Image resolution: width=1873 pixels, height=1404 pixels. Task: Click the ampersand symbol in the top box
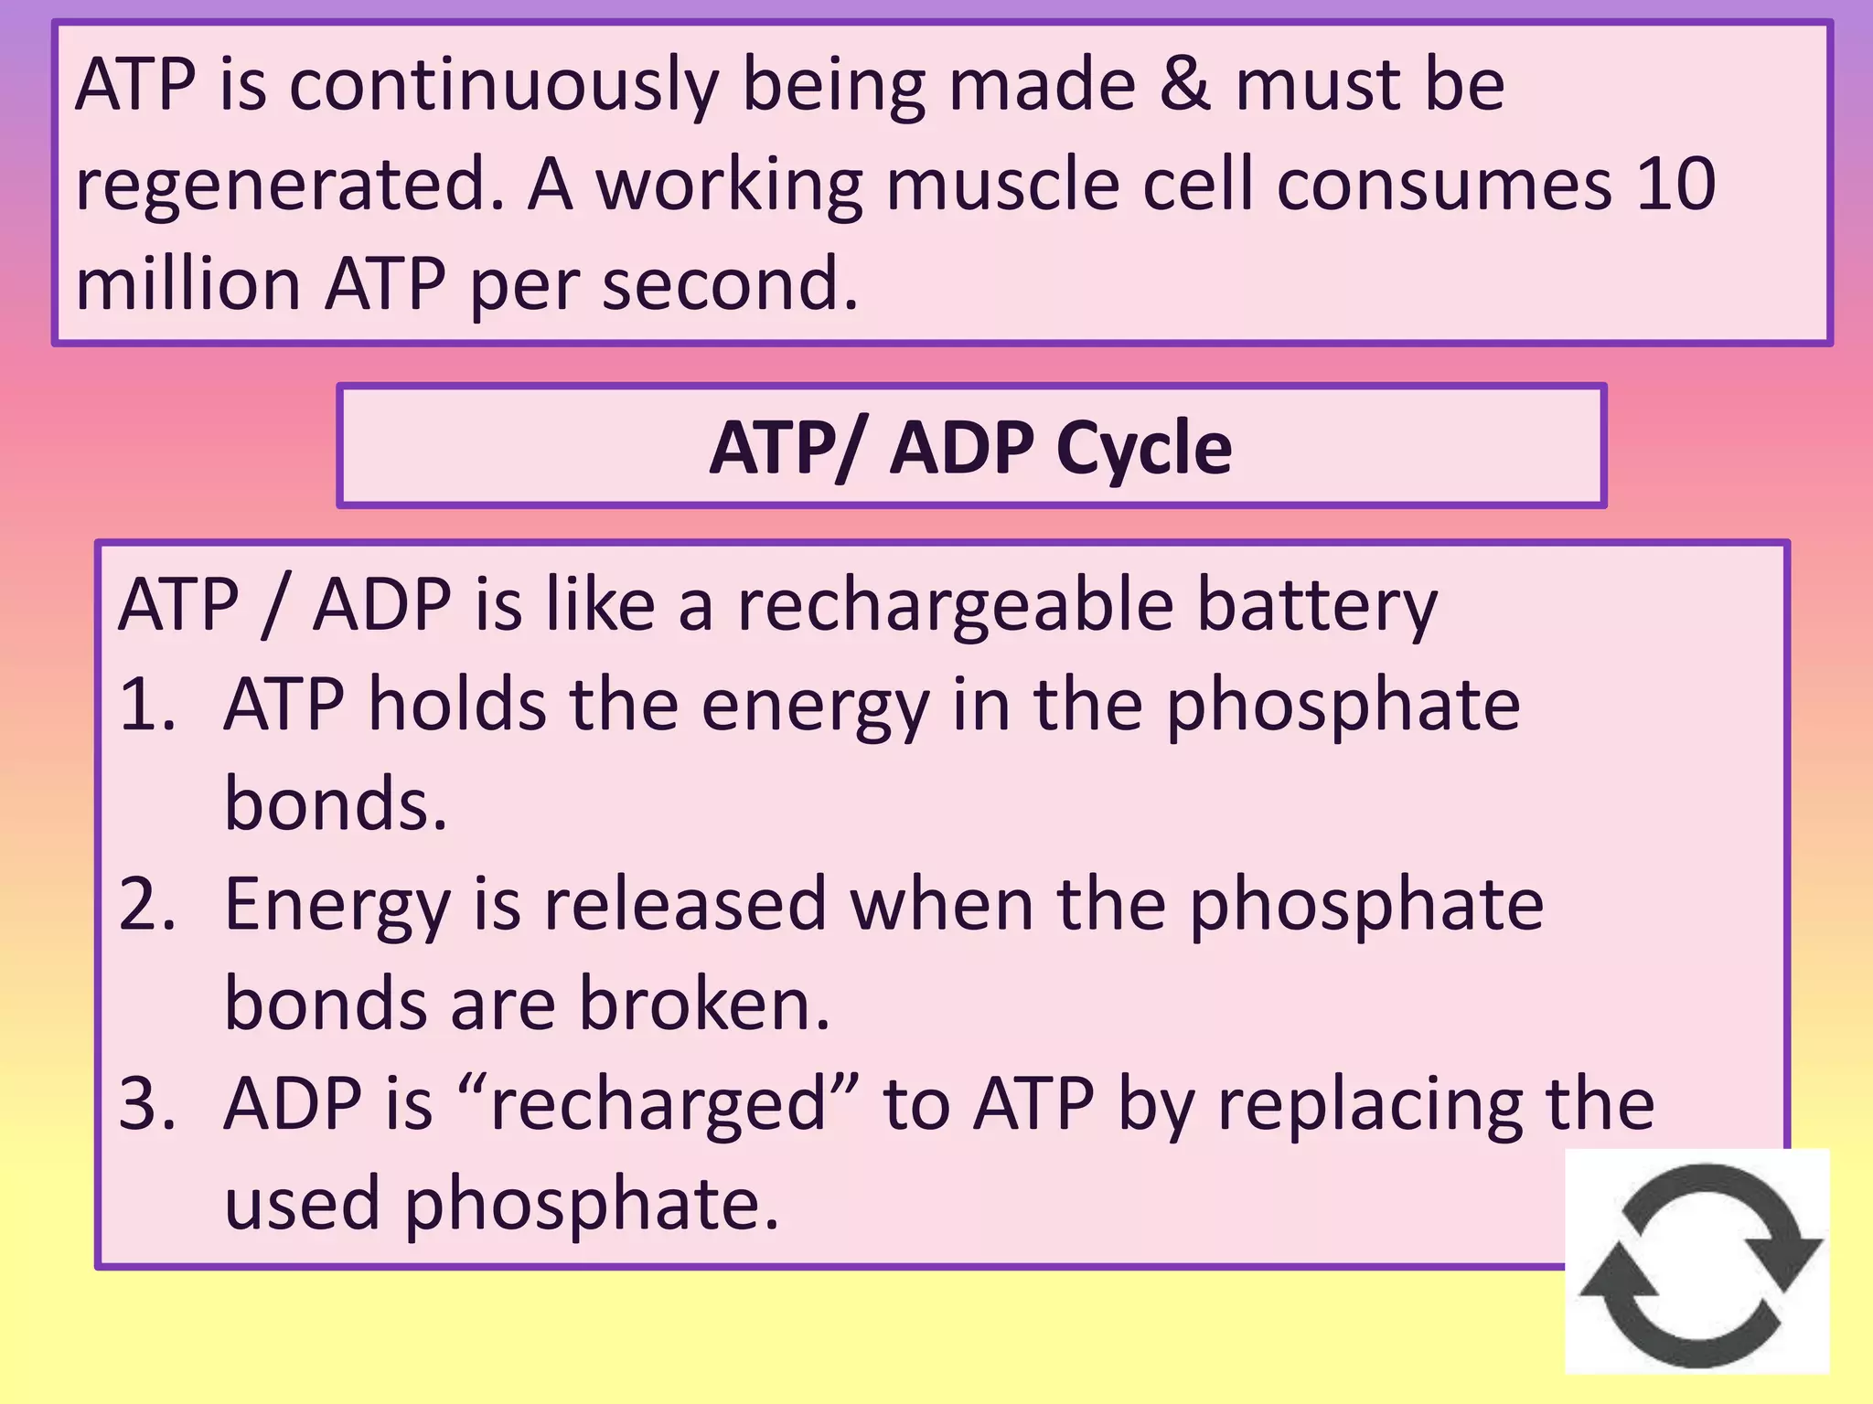point(1185,84)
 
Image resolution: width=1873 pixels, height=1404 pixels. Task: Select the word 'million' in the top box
point(188,283)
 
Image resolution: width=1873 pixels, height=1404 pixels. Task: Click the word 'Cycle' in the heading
point(1143,448)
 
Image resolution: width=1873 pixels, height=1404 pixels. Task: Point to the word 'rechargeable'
point(956,605)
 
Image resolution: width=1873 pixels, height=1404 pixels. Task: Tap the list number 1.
point(146,705)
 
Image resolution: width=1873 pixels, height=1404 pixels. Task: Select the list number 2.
point(146,904)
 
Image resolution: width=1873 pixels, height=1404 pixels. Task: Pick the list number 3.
point(146,1103)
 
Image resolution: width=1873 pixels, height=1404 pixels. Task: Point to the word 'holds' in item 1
point(457,705)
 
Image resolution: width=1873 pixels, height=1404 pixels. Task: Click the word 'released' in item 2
point(685,904)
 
